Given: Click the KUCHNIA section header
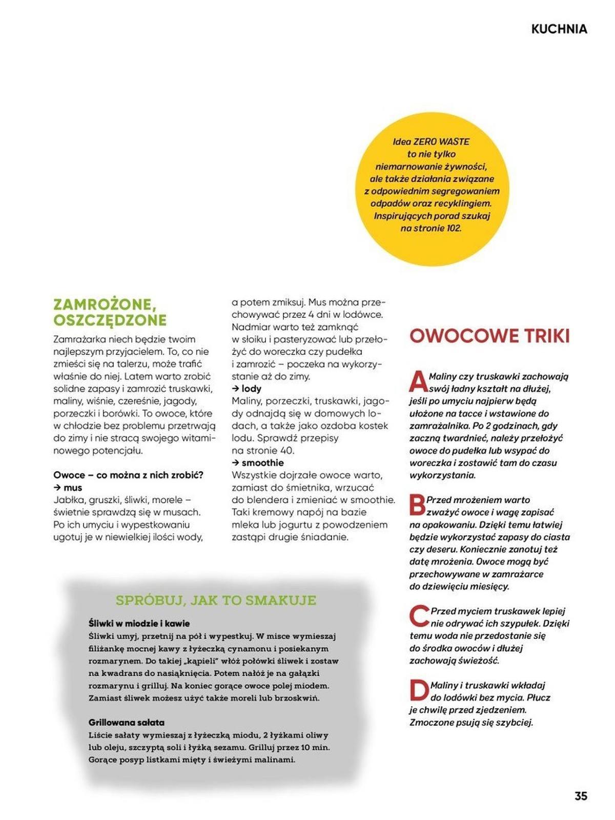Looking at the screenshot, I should (x=559, y=29).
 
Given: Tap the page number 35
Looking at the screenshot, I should (x=580, y=796).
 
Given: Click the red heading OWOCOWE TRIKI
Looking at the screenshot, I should (x=489, y=336).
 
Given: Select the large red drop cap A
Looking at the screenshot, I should (x=418, y=382).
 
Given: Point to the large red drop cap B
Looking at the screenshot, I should (x=417, y=505).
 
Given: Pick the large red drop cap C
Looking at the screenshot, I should (x=419, y=616).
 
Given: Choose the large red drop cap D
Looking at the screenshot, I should (x=419, y=690).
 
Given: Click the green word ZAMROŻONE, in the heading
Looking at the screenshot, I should (x=105, y=305).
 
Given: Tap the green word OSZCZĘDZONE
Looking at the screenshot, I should (x=110, y=321).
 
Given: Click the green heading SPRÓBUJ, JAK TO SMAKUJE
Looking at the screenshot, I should (x=216, y=600).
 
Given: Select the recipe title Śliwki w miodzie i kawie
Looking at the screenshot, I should (x=139, y=624).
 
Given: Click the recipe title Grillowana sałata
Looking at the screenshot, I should (x=126, y=723).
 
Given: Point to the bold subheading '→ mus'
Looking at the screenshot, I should (x=68, y=488).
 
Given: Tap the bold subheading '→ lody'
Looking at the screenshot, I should (x=247, y=389).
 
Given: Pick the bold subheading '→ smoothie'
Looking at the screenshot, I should (x=257, y=463).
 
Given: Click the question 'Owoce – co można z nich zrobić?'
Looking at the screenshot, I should (x=128, y=475).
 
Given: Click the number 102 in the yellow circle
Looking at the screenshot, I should (x=453, y=228).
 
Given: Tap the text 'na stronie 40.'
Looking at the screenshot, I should (x=263, y=451).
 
